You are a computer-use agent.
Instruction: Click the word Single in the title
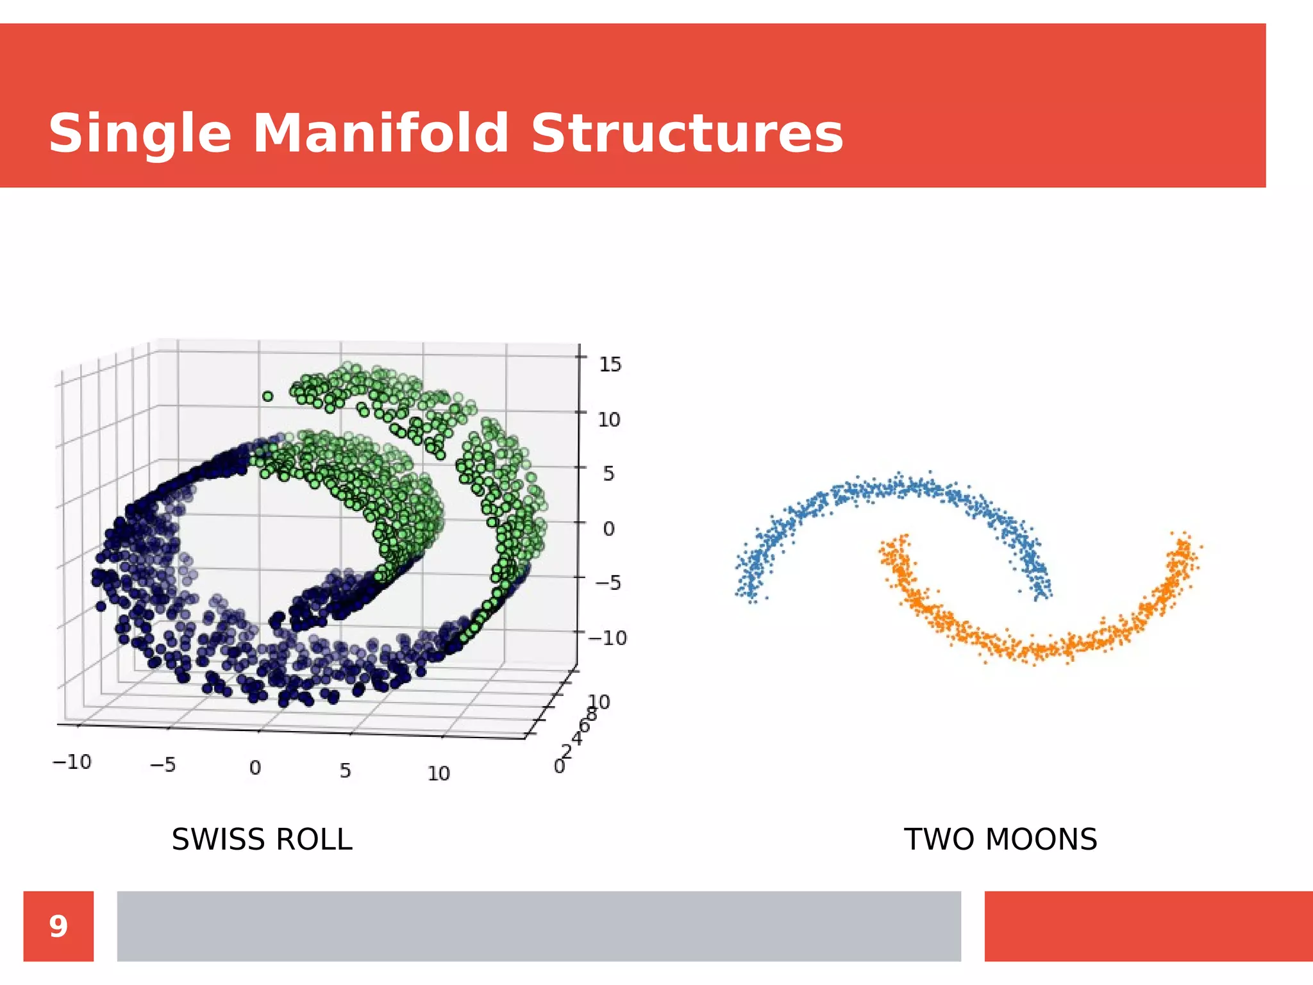(140, 133)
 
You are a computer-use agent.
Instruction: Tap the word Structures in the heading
(687, 133)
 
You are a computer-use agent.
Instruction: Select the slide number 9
(58, 926)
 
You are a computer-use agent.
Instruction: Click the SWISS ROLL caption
(262, 839)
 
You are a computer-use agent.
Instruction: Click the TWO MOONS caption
(1000, 839)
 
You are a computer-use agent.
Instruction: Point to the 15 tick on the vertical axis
(610, 364)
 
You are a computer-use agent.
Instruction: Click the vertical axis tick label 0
(608, 529)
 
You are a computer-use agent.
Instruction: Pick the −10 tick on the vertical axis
(607, 637)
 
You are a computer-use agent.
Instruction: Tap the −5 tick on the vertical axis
(608, 583)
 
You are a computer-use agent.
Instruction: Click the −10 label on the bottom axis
(72, 762)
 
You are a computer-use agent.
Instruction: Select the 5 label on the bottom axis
(345, 770)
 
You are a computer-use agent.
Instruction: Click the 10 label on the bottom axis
(439, 773)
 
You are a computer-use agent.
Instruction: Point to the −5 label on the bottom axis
(162, 764)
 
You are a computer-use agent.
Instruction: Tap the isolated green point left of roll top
(267, 396)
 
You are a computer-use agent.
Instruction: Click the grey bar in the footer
(539, 926)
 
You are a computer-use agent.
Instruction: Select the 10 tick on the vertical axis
(609, 419)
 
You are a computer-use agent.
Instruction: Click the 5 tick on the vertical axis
(608, 474)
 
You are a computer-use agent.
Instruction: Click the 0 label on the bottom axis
(255, 768)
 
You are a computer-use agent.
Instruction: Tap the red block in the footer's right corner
(1148, 926)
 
